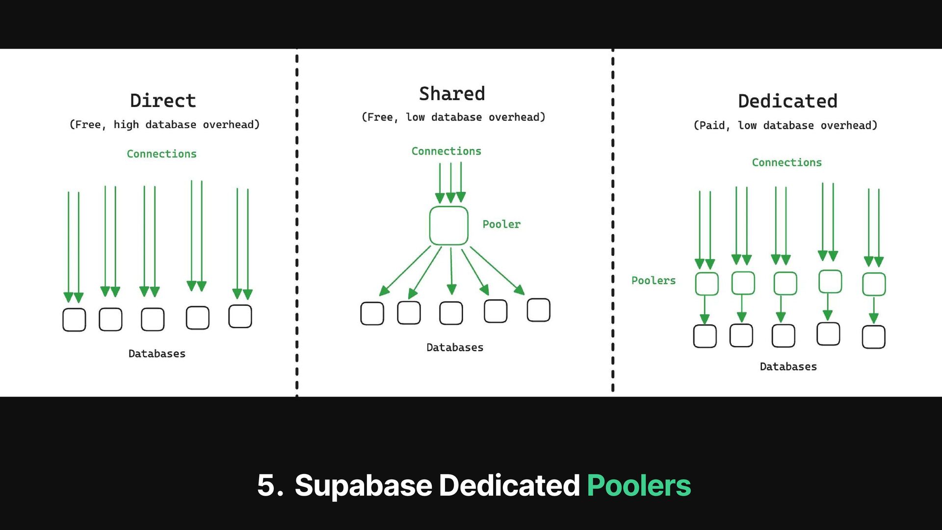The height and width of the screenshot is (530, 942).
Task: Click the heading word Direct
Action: click(x=163, y=101)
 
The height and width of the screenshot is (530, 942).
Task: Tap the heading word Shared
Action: click(x=452, y=94)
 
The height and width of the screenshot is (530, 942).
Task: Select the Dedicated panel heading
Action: click(x=787, y=101)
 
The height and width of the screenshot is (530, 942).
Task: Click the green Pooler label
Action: click(x=501, y=224)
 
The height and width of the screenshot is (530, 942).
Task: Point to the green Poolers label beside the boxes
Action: click(x=653, y=281)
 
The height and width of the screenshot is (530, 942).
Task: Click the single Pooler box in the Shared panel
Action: click(x=448, y=226)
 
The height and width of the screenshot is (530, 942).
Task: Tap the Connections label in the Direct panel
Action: click(x=161, y=154)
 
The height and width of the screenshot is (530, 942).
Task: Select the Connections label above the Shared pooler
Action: click(x=446, y=151)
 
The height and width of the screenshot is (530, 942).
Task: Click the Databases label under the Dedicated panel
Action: click(x=788, y=367)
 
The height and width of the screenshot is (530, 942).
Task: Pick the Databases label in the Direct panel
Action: click(x=157, y=354)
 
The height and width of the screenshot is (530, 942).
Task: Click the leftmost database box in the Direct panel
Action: click(x=74, y=319)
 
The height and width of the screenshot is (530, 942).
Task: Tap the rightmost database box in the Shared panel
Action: click(x=538, y=310)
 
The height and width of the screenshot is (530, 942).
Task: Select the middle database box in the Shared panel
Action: click(x=451, y=313)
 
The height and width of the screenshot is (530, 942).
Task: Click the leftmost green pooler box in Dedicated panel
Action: click(x=706, y=284)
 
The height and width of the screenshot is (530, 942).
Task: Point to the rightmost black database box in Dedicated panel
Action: click(x=873, y=337)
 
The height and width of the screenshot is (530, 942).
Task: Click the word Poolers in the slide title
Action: click(x=638, y=485)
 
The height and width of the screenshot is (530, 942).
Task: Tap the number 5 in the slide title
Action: click(x=266, y=485)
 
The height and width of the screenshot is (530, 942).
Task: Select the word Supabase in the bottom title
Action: click(x=363, y=485)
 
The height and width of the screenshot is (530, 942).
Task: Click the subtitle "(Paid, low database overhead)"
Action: click(x=785, y=126)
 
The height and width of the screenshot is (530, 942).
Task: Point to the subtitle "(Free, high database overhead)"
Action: click(x=164, y=125)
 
